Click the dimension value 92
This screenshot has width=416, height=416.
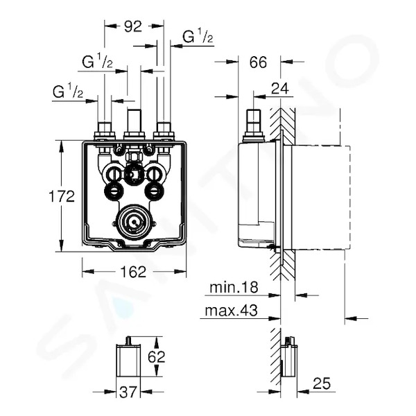133,26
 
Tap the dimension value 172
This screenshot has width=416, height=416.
62,197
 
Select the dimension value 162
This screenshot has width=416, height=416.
133,272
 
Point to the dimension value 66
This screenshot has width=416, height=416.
258,62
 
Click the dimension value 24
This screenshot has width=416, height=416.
280,89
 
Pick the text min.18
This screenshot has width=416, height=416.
234,287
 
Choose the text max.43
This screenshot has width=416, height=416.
231,311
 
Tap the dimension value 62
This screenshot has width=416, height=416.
157,357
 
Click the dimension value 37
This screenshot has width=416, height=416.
128,392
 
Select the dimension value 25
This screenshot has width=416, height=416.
322,383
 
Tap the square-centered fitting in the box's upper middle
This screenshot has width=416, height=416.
134,175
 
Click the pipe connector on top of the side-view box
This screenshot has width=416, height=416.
254,125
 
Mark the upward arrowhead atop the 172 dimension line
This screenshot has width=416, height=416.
62,146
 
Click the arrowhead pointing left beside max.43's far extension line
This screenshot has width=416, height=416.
351,318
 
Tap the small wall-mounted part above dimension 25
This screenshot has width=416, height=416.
289,356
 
